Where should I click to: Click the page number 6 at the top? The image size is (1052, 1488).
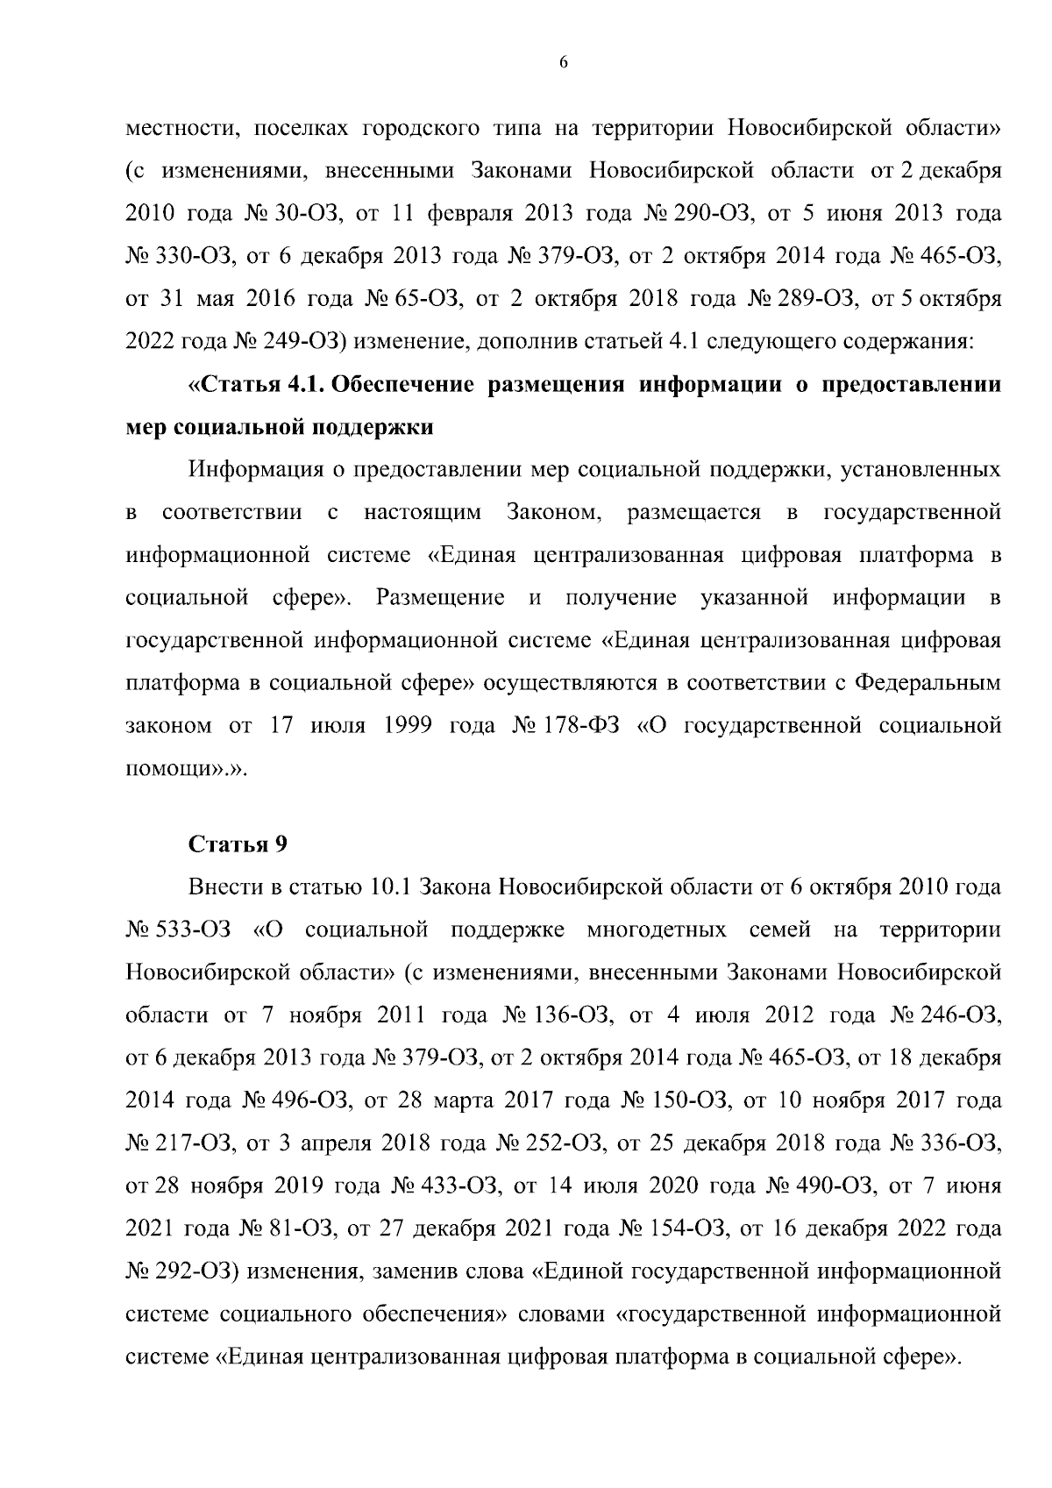pos(564,62)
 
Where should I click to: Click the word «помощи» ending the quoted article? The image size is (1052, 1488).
pos(173,769)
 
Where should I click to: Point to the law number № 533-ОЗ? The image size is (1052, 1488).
pos(178,930)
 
